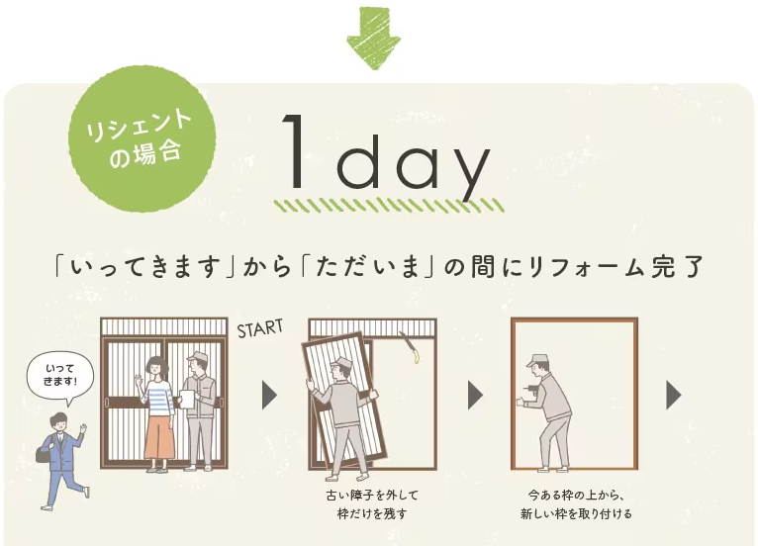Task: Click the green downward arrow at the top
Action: [x=373, y=38]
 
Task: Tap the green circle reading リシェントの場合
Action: [x=142, y=139]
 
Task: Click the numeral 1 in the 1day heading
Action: [x=294, y=150]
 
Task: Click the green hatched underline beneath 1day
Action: [x=389, y=206]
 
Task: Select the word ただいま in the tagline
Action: [x=366, y=267]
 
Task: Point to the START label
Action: [x=260, y=328]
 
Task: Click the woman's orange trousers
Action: [x=159, y=441]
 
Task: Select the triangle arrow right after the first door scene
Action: [x=269, y=395]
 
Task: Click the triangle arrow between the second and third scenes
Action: [x=476, y=395]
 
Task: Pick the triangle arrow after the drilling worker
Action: [x=674, y=395]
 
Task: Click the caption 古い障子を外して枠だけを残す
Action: [x=371, y=504]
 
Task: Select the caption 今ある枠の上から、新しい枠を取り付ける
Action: [x=576, y=504]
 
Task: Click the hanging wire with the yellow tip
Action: [x=410, y=347]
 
